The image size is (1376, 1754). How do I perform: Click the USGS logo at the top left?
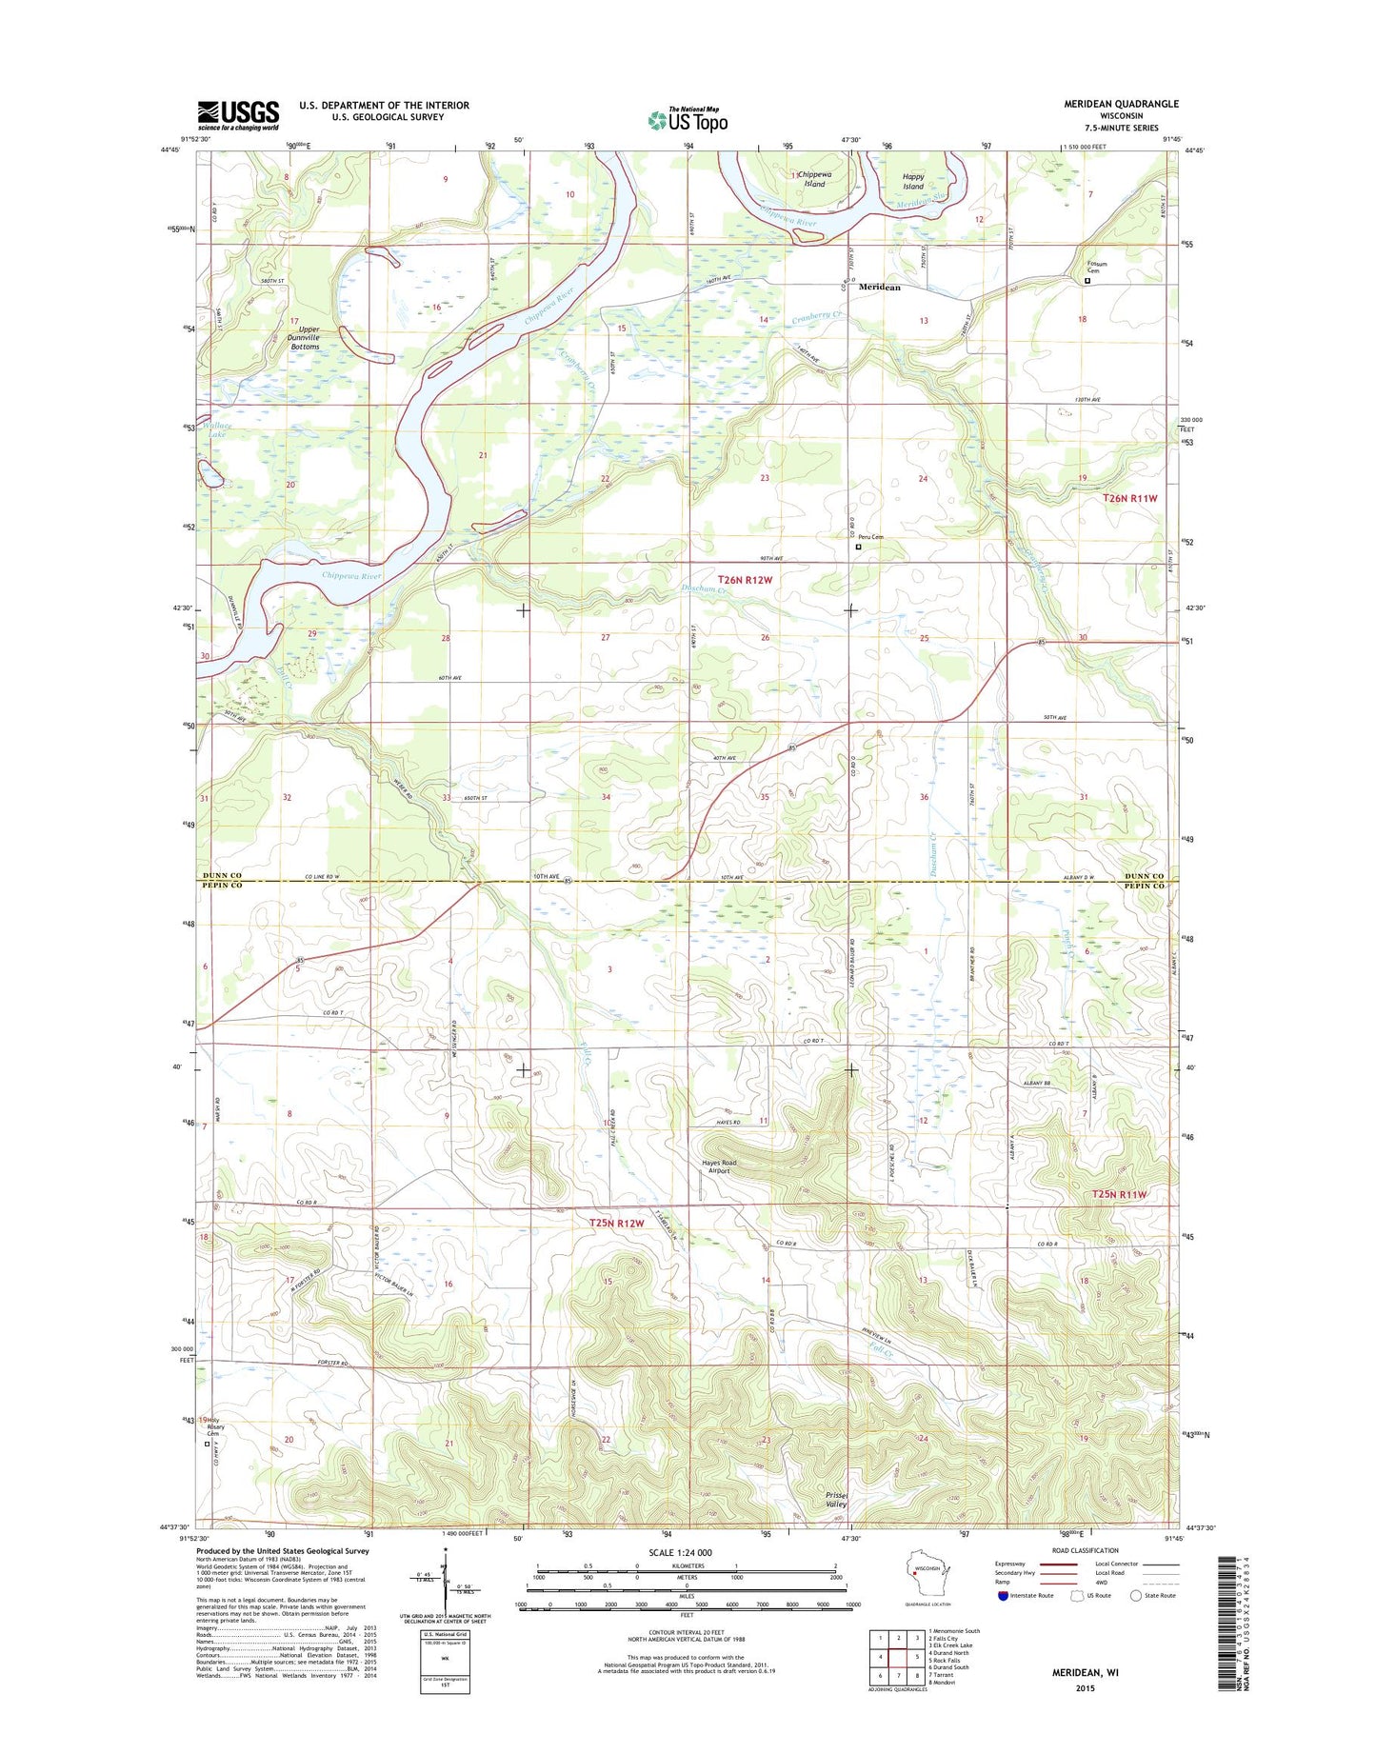coord(238,114)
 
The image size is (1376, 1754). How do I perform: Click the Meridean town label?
coord(879,287)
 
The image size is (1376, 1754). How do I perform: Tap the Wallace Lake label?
coord(216,430)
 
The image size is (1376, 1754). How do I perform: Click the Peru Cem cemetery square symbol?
coord(858,547)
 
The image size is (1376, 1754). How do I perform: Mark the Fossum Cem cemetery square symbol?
coord(1087,281)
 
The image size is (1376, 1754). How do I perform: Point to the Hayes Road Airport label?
coord(719,1166)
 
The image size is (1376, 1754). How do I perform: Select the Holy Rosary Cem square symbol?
coord(208,1444)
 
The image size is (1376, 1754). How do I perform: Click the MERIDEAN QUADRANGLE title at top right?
coord(1107,104)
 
